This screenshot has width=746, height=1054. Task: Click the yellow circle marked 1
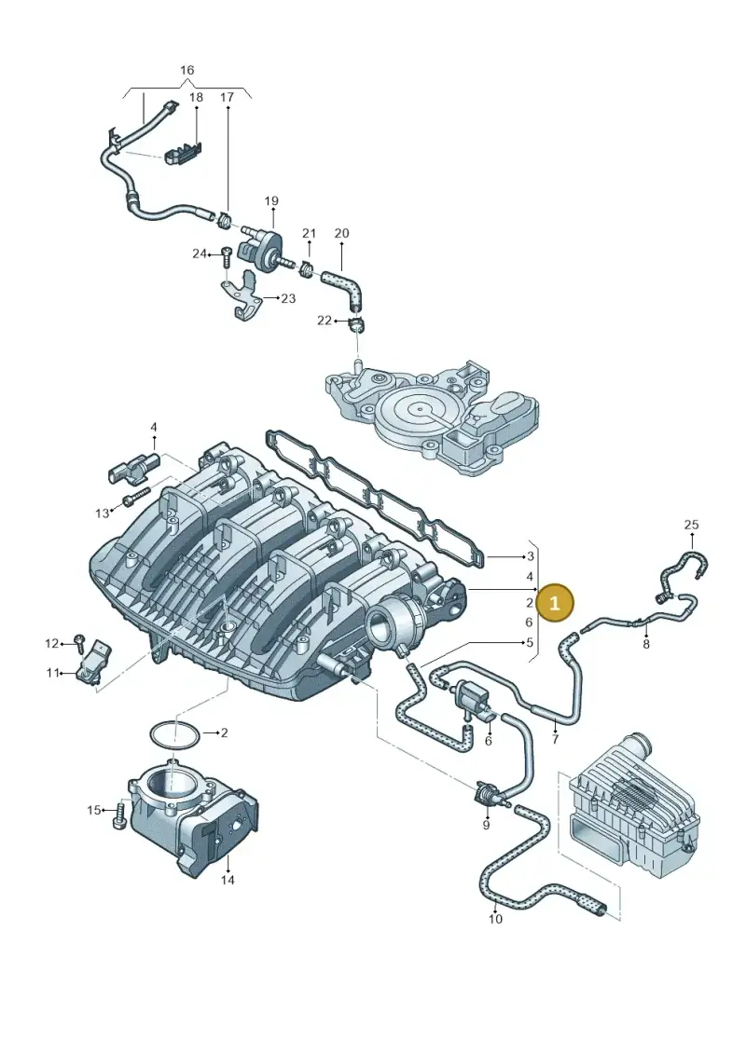coord(555,603)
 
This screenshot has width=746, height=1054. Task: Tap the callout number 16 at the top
coord(187,70)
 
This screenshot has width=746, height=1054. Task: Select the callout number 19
coord(271,201)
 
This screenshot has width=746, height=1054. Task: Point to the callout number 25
coord(692,525)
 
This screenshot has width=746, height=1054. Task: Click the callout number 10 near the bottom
coord(495,919)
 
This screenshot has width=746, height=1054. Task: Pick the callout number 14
coord(228,879)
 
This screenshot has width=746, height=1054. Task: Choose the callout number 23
coord(288,298)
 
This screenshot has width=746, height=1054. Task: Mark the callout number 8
coord(646,644)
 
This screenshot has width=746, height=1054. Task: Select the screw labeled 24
coord(226,256)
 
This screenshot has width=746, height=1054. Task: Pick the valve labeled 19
coord(258,245)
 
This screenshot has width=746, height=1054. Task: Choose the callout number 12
coord(52,644)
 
